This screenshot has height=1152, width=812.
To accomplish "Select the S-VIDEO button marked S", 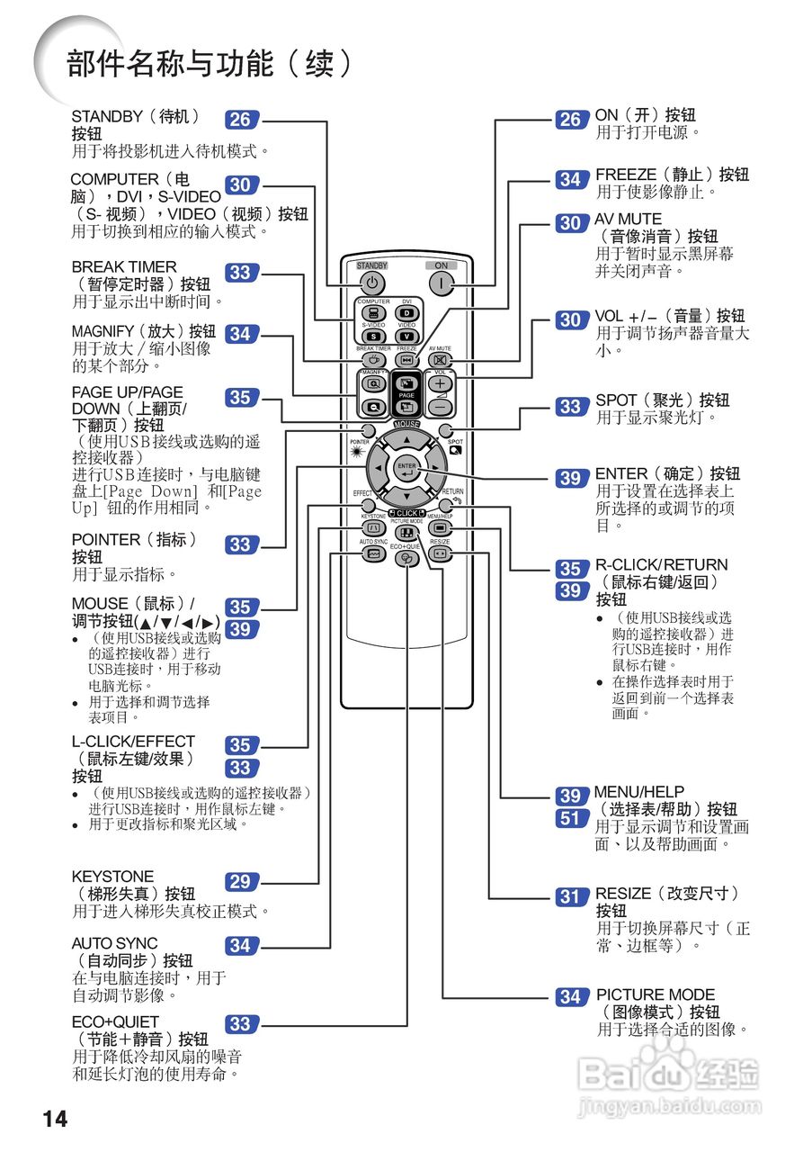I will (372, 336).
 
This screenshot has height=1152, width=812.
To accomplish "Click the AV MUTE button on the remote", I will (440, 361).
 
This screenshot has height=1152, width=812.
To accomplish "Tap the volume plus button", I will (440, 383).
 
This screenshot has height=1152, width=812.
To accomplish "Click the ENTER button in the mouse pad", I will (406, 470).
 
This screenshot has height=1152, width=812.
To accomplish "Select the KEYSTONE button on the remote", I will (372, 528).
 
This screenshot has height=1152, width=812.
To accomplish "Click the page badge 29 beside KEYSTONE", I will (239, 882).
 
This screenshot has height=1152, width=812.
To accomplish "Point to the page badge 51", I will (570, 819).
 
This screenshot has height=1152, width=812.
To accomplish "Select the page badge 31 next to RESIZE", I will (570, 896).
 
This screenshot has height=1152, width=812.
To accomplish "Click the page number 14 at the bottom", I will (55, 1119).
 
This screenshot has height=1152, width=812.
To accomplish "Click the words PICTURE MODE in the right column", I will (656, 994).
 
